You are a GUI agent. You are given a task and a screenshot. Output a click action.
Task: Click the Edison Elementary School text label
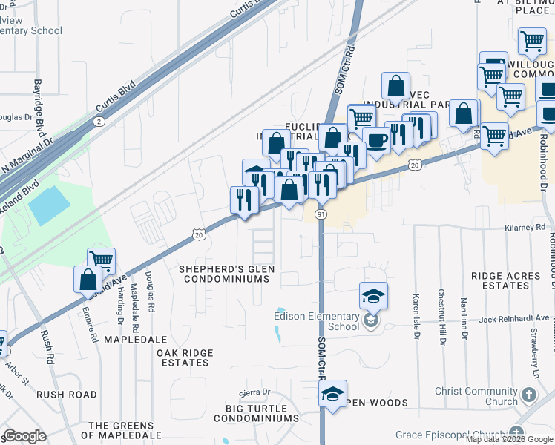click(316, 321)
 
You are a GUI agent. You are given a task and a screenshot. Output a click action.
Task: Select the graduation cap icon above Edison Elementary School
click(373, 296)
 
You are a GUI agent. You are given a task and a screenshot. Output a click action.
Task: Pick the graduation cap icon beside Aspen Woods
click(333, 394)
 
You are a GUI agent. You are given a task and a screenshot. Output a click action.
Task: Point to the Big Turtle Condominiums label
click(256, 413)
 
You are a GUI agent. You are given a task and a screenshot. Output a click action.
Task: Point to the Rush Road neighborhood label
click(67, 395)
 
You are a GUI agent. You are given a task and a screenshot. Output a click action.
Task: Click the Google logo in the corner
click(24, 436)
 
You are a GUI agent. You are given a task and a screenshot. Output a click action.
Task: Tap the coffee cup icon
click(376, 141)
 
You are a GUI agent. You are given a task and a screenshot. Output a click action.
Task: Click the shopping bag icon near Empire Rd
click(88, 280)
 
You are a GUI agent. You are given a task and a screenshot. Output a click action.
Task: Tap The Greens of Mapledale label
click(125, 430)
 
